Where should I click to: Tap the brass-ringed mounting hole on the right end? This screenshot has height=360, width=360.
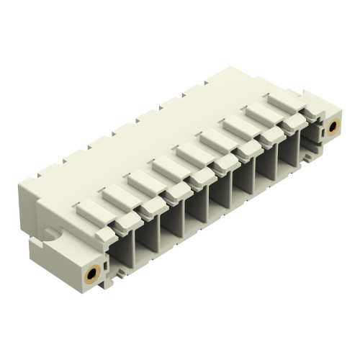[333, 127]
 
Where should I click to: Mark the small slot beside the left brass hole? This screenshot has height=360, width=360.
[106, 265]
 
